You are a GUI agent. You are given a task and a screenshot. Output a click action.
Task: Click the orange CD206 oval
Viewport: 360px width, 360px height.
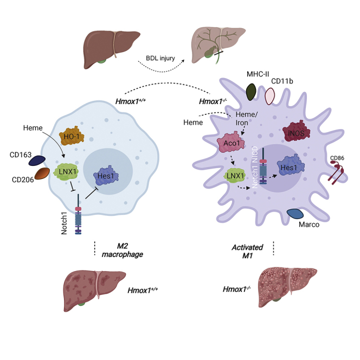(x=42, y=174)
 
